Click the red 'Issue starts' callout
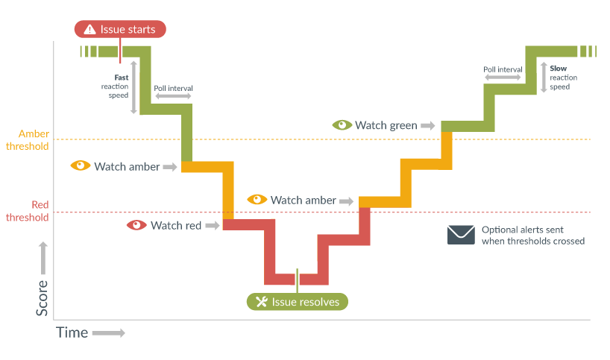pyautogui.click(x=120, y=30)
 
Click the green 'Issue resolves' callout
pyautogui.click(x=298, y=302)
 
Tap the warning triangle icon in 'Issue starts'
pyautogui.click(x=89, y=30)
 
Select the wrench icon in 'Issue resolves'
pyautogui.click(x=261, y=302)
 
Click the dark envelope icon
pyautogui.click(x=461, y=235)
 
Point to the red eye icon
pyautogui.click(x=136, y=225)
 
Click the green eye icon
pyautogui.click(x=342, y=125)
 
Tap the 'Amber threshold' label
pyautogui.click(x=28, y=140)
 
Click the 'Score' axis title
pyautogui.click(x=43, y=297)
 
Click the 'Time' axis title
pyautogui.click(x=72, y=333)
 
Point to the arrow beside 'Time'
pyautogui.click(x=108, y=333)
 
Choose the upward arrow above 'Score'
pyautogui.click(x=43, y=257)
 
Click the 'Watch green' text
pyautogui.click(x=386, y=125)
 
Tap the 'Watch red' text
pyautogui.click(x=176, y=225)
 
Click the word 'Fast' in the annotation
pyautogui.click(x=121, y=78)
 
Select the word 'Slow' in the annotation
pyautogui.click(x=559, y=69)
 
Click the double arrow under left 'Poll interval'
pyautogui.click(x=173, y=97)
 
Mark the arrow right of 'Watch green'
pyautogui.click(x=427, y=125)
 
